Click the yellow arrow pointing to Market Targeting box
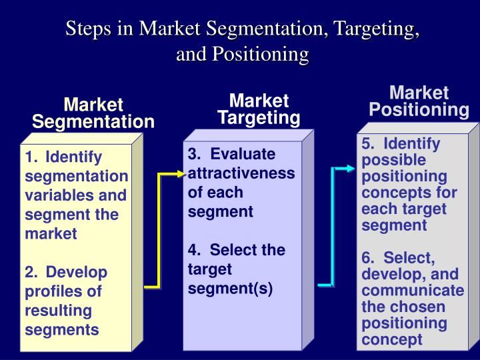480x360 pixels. click(x=159, y=230)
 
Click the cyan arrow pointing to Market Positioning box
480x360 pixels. click(x=333, y=227)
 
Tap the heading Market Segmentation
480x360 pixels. click(x=93, y=113)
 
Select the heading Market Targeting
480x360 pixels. click(x=259, y=109)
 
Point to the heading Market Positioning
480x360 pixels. click(x=419, y=101)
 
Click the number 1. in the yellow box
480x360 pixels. click(x=31, y=157)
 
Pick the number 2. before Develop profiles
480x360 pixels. click(x=31, y=272)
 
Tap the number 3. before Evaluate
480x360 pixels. click(x=195, y=154)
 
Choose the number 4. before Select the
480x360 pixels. click(x=195, y=250)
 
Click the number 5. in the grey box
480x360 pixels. click(x=368, y=143)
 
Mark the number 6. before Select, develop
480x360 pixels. click(x=368, y=257)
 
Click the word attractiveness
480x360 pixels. click(x=241, y=173)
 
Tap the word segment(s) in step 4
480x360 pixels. click(x=230, y=289)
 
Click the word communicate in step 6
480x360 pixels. click(x=413, y=290)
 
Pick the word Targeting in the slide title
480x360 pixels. click(x=376, y=29)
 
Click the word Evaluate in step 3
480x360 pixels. click(x=243, y=154)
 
